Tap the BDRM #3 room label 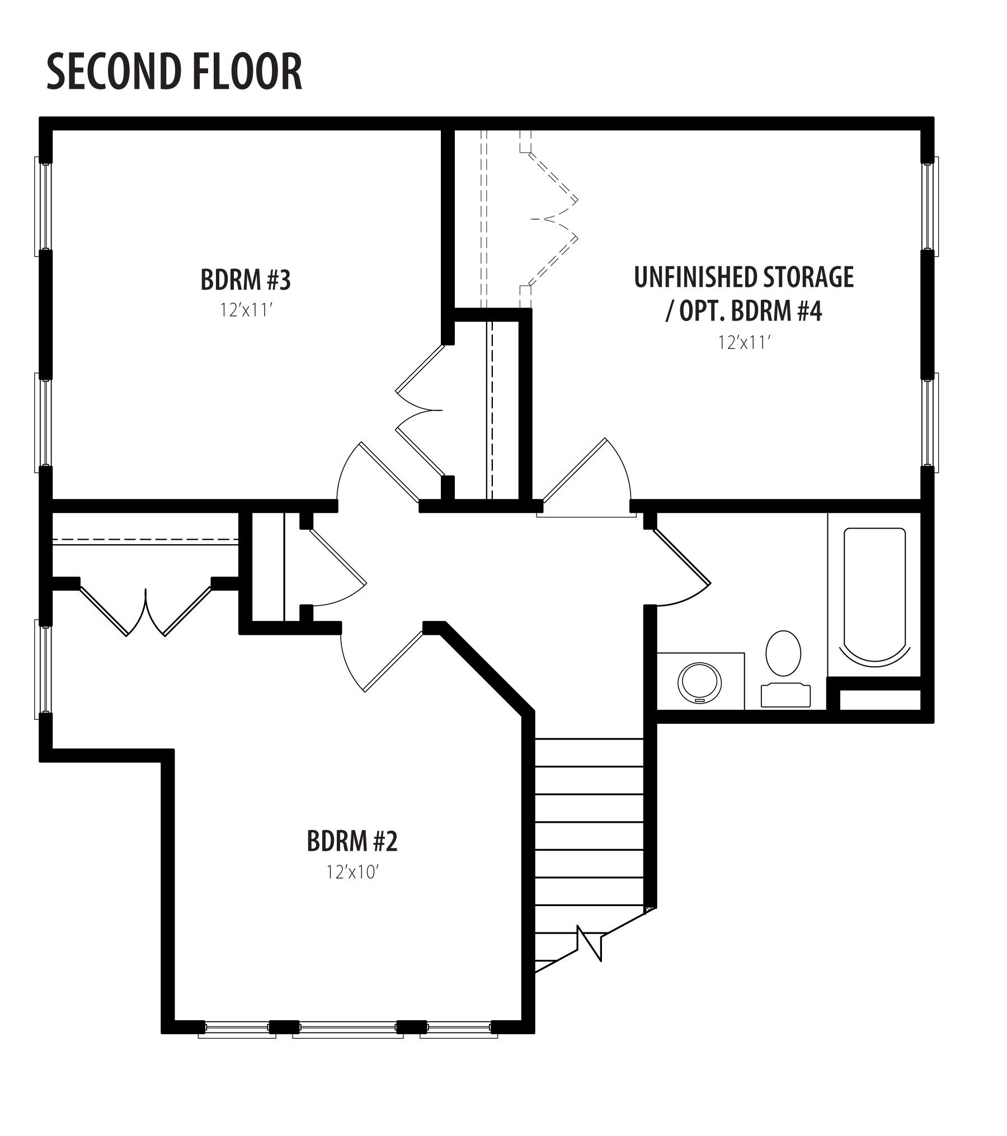coord(246,280)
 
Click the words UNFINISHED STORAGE coord(744,277)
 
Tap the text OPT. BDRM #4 coord(751,312)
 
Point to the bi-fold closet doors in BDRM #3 coord(420,411)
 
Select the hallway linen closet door coord(336,567)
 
